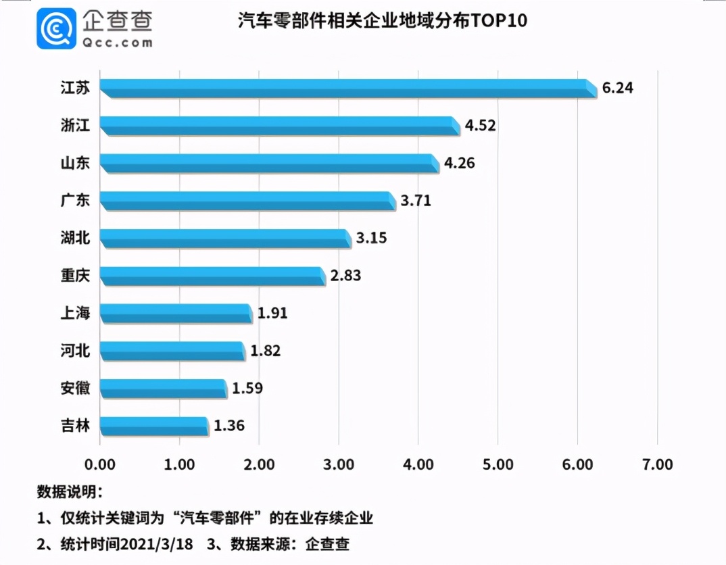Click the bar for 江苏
pyautogui.click(x=348, y=89)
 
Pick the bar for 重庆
pyautogui.click(x=212, y=276)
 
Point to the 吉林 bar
pyautogui.click(x=154, y=426)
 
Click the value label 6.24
pyautogui.click(x=618, y=88)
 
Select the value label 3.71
pyautogui.click(x=415, y=201)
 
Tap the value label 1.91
pyautogui.click(x=272, y=314)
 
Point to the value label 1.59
pyautogui.click(x=247, y=389)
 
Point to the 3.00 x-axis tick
pyautogui.click(x=339, y=464)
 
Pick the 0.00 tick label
pyautogui.click(x=100, y=464)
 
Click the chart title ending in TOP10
pyautogui.click(x=382, y=22)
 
